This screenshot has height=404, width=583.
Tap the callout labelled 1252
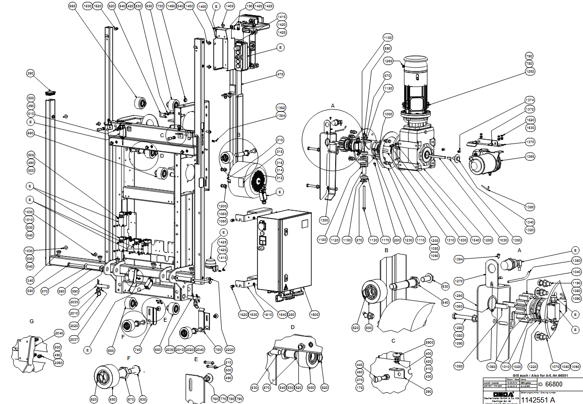tap(529, 72)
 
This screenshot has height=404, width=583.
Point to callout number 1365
tap(529, 157)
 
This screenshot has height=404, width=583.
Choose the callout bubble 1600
tap(314, 315)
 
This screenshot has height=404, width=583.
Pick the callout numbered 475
tap(280, 74)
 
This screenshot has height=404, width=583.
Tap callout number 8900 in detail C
tap(429, 342)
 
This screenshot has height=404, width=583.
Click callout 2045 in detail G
tap(59, 333)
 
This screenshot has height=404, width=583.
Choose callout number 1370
tap(530, 142)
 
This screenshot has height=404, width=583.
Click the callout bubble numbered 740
tap(137, 350)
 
